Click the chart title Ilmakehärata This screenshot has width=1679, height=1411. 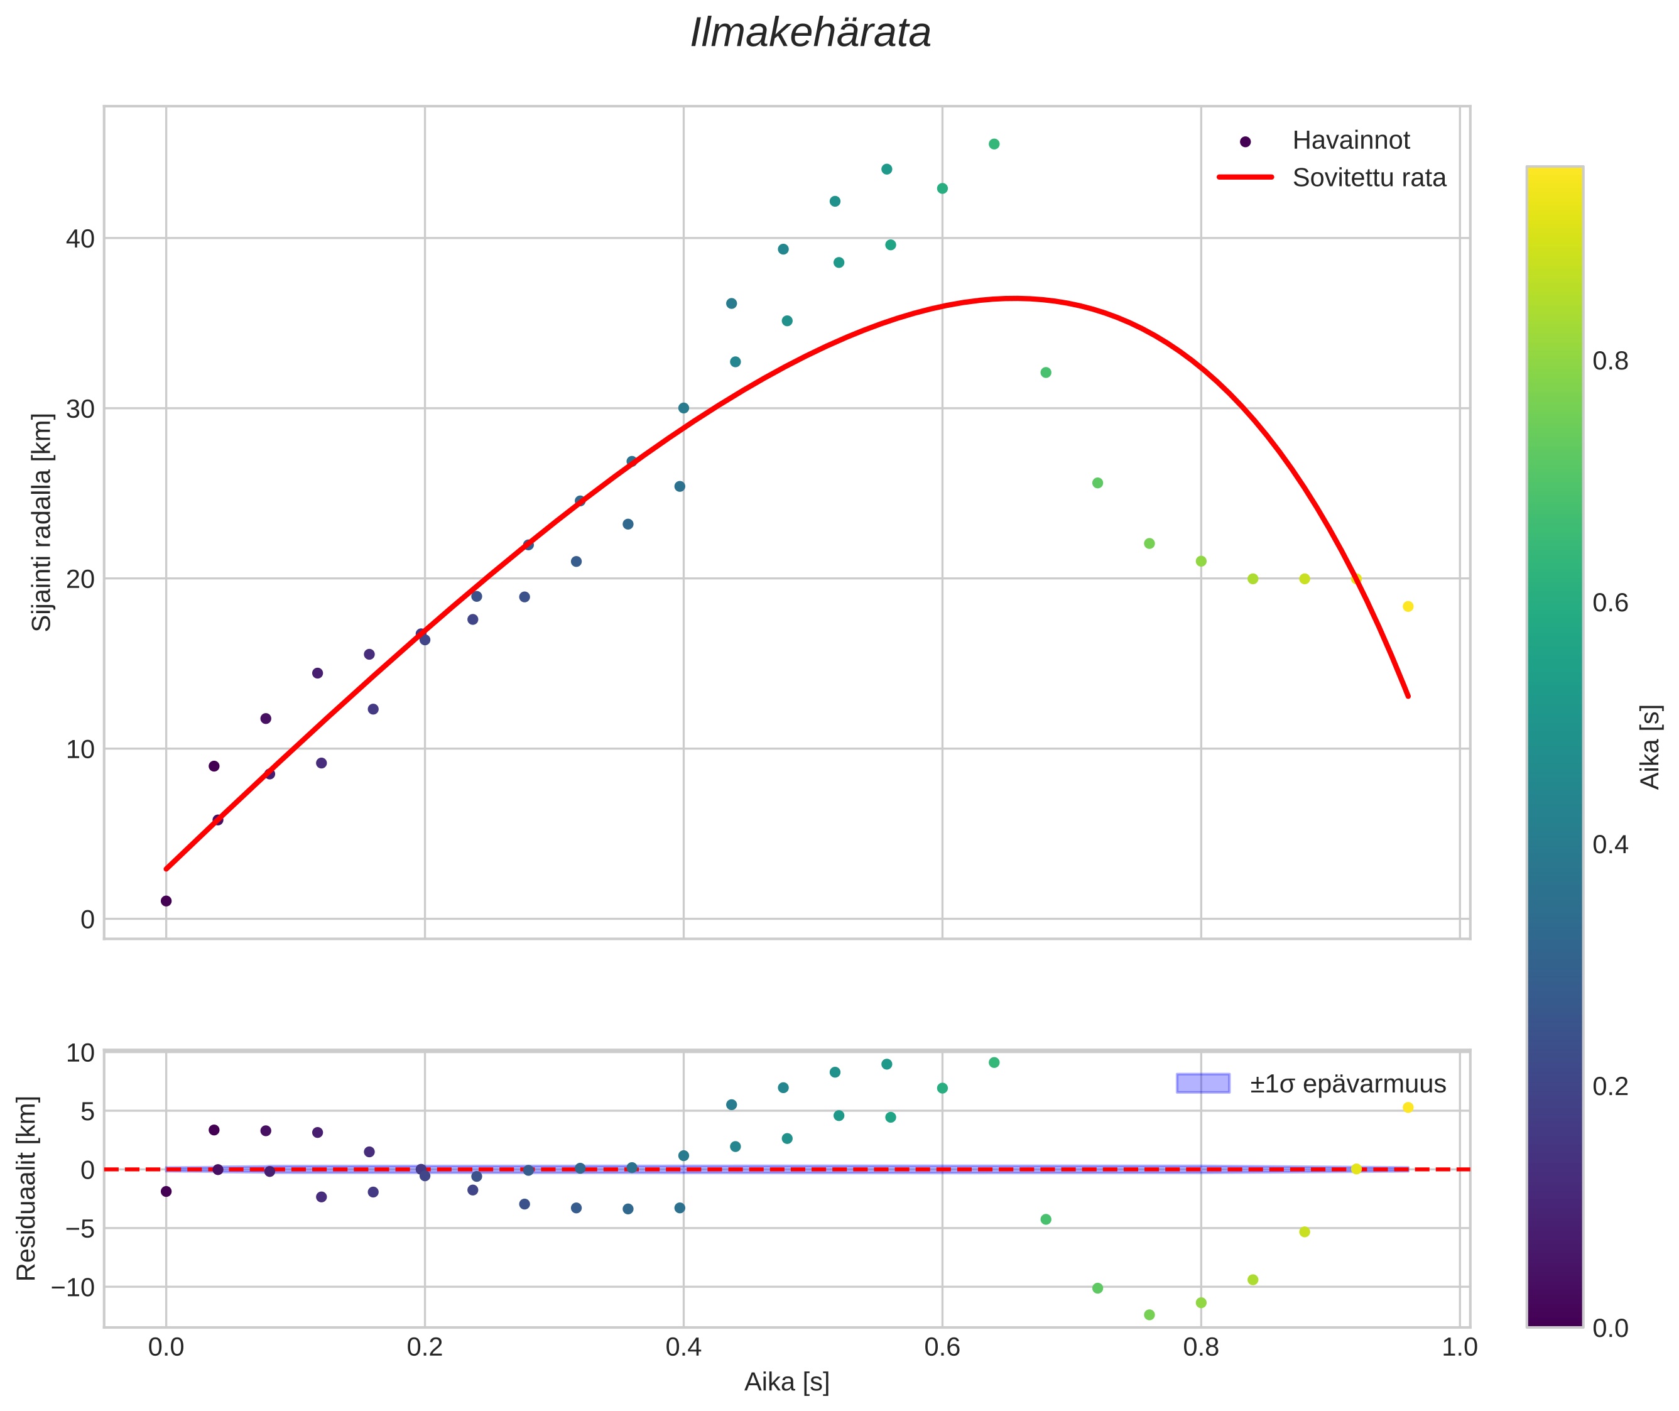[x=810, y=33]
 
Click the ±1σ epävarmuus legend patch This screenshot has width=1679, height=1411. [x=1202, y=1084]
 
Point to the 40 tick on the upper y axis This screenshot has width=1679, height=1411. [x=80, y=238]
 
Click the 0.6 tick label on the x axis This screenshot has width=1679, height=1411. [x=942, y=1347]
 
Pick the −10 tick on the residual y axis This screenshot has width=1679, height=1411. [x=73, y=1287]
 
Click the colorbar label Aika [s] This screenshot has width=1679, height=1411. [x=1650, y=746]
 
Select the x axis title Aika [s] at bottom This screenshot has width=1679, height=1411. [x=786, y=1383]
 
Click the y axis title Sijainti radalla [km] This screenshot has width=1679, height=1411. [x=41, y=522]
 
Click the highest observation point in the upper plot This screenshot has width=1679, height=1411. [x=994, y=144]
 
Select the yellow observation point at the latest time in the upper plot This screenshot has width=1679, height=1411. [x=1408, y=606]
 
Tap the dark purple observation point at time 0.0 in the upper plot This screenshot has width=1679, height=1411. [x=166, y=901]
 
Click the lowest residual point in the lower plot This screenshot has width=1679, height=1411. [x=1149, y=1314]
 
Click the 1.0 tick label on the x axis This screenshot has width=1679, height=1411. [x=1459, y=1347]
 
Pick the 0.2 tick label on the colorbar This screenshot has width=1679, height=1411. [x=1609, y=1086]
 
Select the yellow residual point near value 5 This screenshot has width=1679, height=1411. [x=1408, y=1107]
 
